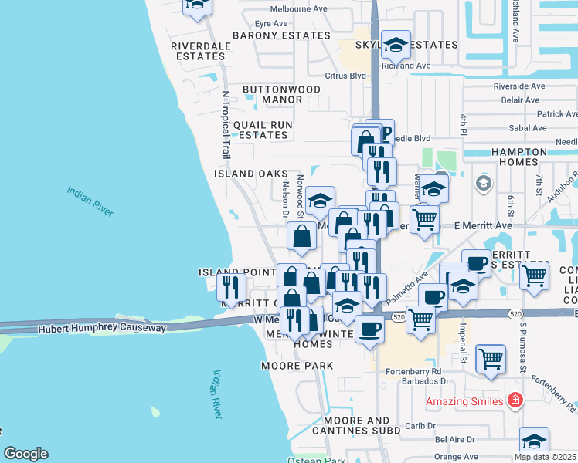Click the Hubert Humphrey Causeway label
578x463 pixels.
point(103,329)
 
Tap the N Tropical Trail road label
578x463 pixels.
point(226,126)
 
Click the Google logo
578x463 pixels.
point(25,454)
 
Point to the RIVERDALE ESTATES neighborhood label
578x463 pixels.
point(190,51)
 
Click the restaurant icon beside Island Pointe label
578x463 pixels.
point(231,287)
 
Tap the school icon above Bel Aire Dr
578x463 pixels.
point(534,441)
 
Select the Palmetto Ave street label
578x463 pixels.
point(409,286)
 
